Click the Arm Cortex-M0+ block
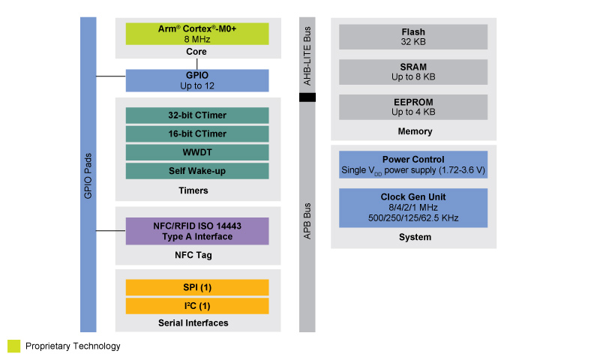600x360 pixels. (196, 34)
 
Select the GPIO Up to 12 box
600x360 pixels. (196, 80)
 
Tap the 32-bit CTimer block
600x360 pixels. (196, 115)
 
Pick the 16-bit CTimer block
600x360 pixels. (196, 133)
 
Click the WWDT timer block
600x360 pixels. (196, 152)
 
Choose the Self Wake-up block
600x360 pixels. (196, 171)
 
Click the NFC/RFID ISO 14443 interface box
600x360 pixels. (196, 231)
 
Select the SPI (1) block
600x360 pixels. (196, 287)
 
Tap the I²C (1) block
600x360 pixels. (196, 306)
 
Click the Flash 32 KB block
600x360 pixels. (413, 37)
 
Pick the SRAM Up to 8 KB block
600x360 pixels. (413, 72)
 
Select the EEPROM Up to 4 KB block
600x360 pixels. (413, 106)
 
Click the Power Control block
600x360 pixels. (413, 165)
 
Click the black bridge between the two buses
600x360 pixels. (307, 97)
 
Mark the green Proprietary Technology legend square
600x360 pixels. (14, 346)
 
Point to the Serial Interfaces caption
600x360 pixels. (193, 323)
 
